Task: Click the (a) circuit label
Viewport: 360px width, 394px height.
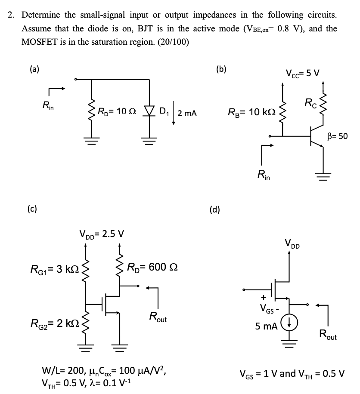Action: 33,70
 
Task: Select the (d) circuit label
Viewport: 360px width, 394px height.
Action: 214,209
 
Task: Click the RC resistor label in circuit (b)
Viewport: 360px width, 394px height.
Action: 310,103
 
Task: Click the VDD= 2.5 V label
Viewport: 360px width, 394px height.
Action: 102,234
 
